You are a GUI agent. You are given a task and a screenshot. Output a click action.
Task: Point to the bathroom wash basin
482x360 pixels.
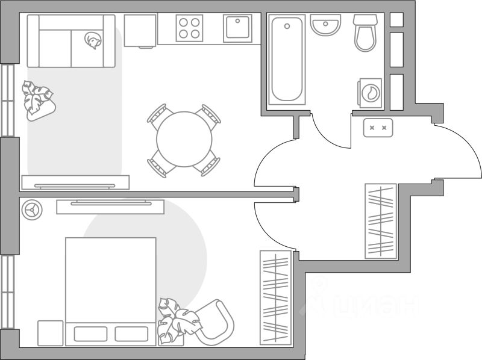pos(325,26)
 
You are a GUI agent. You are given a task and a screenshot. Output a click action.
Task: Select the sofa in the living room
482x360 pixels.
pos(71,41)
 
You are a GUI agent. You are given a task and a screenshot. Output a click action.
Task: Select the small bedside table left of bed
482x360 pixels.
pos(50,333)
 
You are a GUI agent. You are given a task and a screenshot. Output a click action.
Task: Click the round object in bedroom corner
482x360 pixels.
pos(31,209)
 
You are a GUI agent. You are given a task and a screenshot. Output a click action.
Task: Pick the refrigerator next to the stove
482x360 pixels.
pos(140,30)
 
